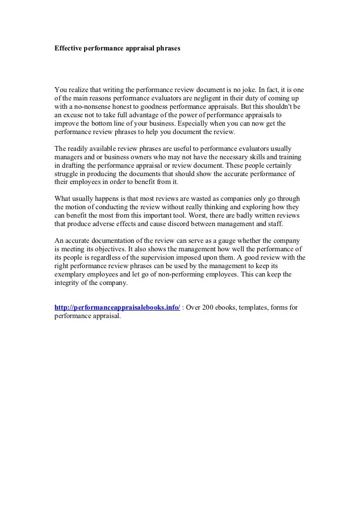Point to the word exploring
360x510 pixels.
pos(262,208)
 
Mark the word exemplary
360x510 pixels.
pos(70,275)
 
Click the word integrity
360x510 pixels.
pos(68,283)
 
